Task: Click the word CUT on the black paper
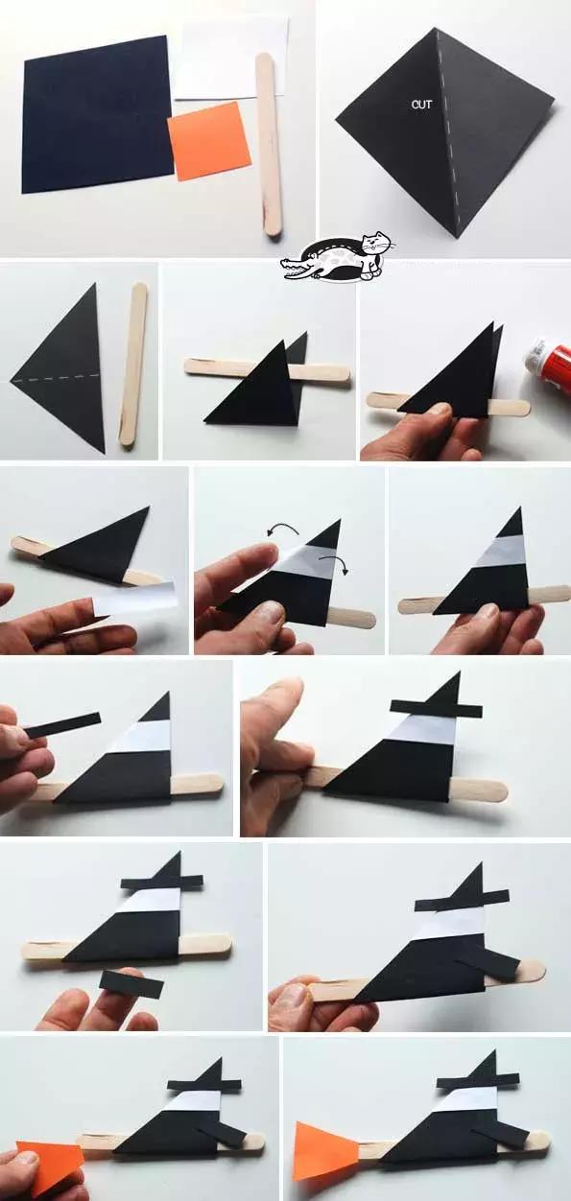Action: (x=421, y=105)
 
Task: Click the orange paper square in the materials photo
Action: (x=209, y=141)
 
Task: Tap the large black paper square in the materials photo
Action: (x=97, y=113)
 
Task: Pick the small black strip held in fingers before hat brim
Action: (x=62, y=724)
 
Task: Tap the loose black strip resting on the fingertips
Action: (x=131, y=983)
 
